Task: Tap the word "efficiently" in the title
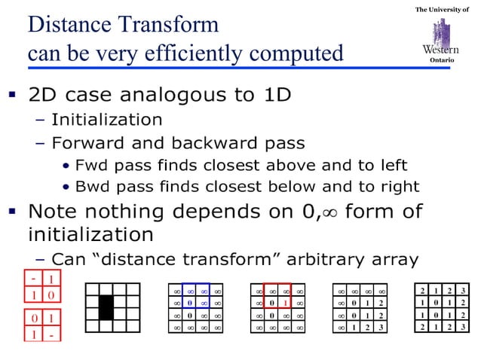(203, 53)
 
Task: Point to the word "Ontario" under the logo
(441, 60)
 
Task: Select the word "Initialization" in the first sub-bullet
(106, 120)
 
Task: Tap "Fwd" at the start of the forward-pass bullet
(90, 165)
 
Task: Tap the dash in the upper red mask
(35, 279)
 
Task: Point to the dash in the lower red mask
(51, 332)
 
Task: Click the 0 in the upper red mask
(51, 294)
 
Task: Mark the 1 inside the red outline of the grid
(286, 303)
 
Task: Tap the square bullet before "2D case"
(11, 96)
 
